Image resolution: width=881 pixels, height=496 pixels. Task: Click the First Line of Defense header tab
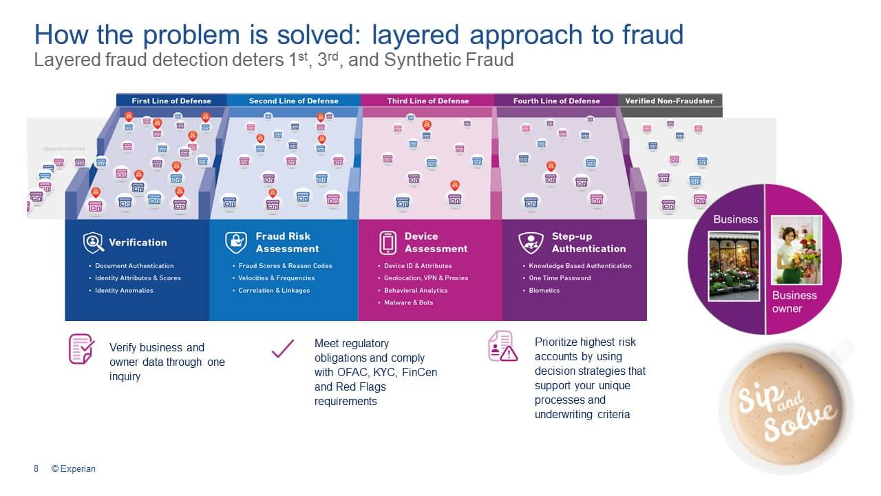171,101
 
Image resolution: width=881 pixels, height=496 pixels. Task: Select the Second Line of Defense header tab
293,101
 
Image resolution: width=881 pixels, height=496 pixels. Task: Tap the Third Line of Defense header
427,101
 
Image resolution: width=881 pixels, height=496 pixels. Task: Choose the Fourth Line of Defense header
557,101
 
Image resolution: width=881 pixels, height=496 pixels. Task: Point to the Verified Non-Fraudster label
669,101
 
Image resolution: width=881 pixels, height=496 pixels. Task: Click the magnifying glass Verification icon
93,242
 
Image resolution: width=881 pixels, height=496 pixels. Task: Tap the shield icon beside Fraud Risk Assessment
235,242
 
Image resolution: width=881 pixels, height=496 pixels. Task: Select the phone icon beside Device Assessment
388,242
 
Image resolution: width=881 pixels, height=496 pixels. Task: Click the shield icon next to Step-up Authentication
531,242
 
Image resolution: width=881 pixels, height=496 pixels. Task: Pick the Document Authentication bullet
134,266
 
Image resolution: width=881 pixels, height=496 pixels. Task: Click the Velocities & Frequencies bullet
276,278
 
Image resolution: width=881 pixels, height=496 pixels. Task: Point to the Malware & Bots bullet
408,303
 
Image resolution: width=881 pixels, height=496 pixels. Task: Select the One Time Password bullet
560,278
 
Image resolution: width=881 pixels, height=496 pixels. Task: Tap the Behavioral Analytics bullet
416,291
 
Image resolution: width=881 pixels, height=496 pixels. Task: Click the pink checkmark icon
282,349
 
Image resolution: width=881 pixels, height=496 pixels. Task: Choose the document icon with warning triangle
502,346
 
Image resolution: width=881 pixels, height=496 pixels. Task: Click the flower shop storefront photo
734,265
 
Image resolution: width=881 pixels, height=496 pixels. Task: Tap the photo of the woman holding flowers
796,251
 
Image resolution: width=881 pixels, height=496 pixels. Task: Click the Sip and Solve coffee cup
786,407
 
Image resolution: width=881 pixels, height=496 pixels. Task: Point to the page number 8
36,469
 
